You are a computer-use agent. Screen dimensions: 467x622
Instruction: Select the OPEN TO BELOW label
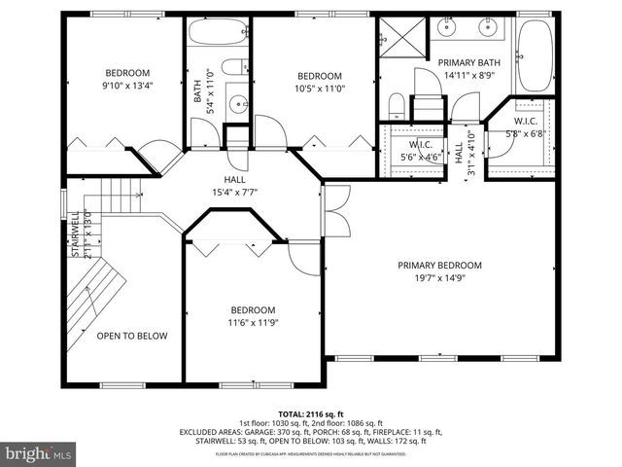(x=131, y=336)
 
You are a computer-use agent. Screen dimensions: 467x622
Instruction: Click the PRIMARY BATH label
(x=468, y=60)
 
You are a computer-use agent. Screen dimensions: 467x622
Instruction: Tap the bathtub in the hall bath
(x=219, y=34)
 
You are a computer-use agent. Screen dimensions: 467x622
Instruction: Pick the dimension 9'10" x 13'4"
(x=127, y=85)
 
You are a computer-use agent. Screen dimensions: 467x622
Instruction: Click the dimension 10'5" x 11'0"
(x=319, y=89)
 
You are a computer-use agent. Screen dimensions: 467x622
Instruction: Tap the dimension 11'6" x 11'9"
(x=252, y=322)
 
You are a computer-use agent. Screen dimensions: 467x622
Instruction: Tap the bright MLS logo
(x=39, y=453)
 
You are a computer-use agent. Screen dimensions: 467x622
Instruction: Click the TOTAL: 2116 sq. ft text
(x=310, y=413)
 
